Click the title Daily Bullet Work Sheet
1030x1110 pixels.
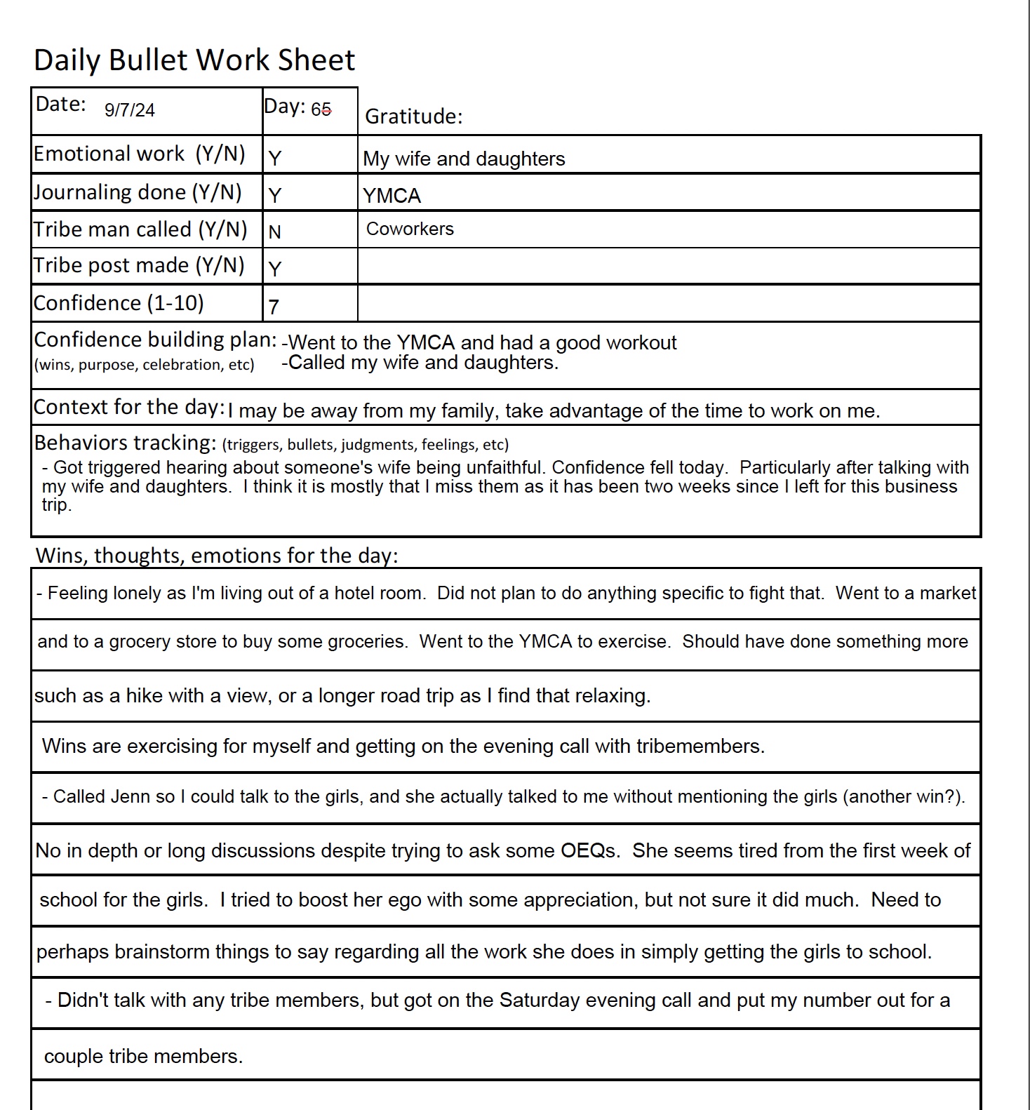click(x=194, y=60)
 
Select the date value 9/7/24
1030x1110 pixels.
click(x=130, y=110)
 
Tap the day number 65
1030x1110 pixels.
click(x=321, y=109)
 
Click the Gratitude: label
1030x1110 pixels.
click(x=414, y=116)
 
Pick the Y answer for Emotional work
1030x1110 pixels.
click(x=275, y=159)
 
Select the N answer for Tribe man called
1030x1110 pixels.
click(x=274, y=232)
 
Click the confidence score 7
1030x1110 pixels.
click(x=274, y=307)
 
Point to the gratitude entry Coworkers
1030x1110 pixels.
click(x=410, y=229)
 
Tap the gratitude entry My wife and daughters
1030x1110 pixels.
click(x=464, y=159)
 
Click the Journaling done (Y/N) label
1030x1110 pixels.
click(x=138, y=192)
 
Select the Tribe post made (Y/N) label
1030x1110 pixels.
click(x=139, y=265)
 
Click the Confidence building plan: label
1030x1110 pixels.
click(x=155, y=340)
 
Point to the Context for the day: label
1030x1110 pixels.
click(x=129, y=407)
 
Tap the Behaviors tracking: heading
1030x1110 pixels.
click(x=125, y=443)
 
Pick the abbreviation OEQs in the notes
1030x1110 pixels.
click(x=589, y=850)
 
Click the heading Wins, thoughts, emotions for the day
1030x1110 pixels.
click(x=216, y=555)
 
